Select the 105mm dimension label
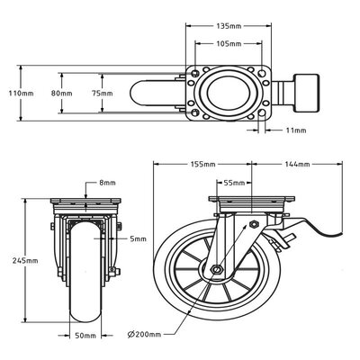229,43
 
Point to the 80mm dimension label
60,93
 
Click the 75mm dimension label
103,93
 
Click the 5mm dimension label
136,238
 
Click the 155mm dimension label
203,165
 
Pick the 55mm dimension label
233,182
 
